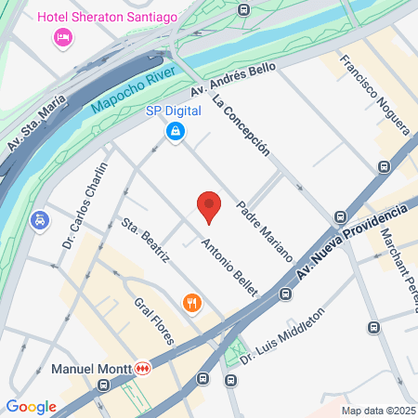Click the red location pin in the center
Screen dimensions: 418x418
click(x=209, y=206)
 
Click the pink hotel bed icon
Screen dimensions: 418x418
click(x=63, y=37)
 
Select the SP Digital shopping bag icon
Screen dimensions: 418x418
click(x=174, y=133)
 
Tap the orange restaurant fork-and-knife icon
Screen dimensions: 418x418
click(x=191, y=302)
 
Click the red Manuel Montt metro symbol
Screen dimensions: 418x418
click(x=143, y=369)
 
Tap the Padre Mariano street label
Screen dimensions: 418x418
click(x=265, y=230)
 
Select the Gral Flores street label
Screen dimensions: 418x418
click(x=153, y=321)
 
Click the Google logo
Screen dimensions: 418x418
click(x=31, y=406)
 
